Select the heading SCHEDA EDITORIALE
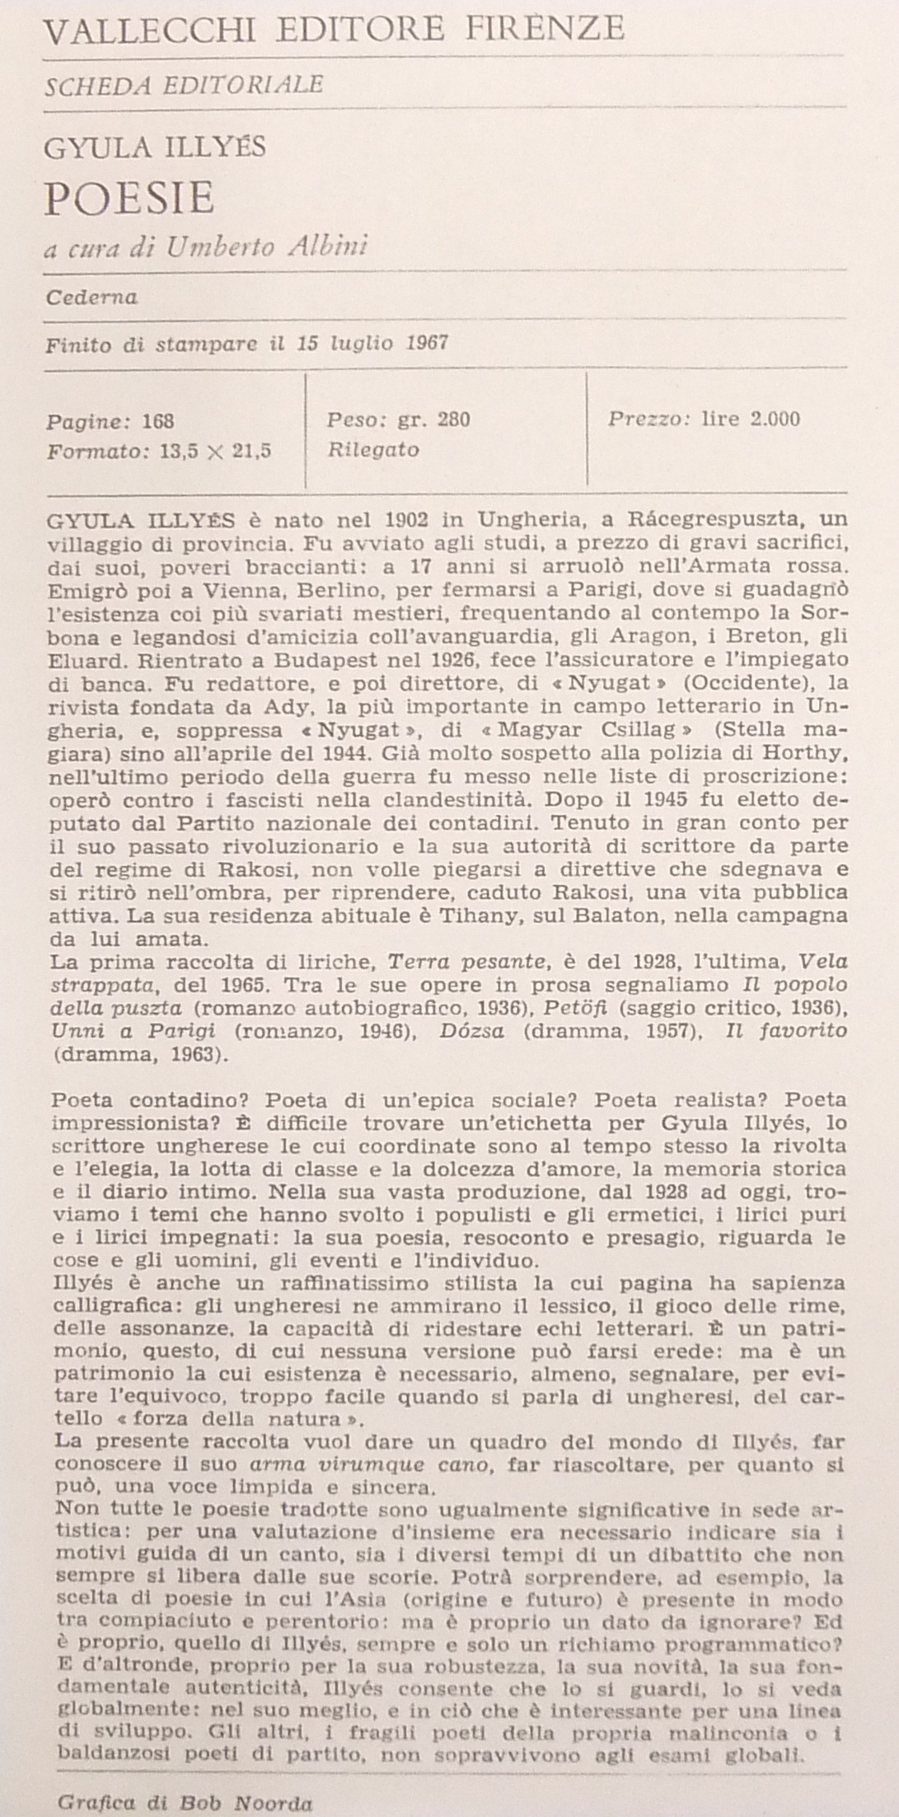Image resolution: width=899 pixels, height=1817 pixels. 184,84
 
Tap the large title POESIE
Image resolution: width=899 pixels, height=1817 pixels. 129,198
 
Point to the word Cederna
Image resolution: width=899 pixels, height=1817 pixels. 92,297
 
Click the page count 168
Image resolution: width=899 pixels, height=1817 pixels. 158,422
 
